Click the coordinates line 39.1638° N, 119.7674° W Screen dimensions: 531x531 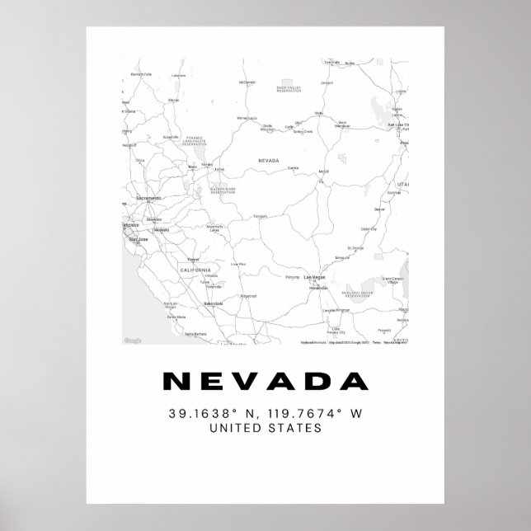pyautogui.click(x=265, y=412)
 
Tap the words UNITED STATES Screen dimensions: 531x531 pyautogui.click(x=265, y=428)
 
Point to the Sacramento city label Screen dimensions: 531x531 pyautogui.click(x=149, y=200)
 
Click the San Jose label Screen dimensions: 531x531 pyautogui.click(x=138, y=239)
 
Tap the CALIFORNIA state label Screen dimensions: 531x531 pyautogui.click(x=196, y=270)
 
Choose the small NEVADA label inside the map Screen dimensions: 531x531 pyautogui.click(x=269, y=161)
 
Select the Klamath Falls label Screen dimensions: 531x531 pyautogui.click(x=137, y=75)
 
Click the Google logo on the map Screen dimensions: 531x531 pyautogui.click(x=133, y=341)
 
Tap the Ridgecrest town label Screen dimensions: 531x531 pyautogui.click(x=248, y=295)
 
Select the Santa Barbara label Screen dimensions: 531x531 pyautogui.click(x=195, y=333)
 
